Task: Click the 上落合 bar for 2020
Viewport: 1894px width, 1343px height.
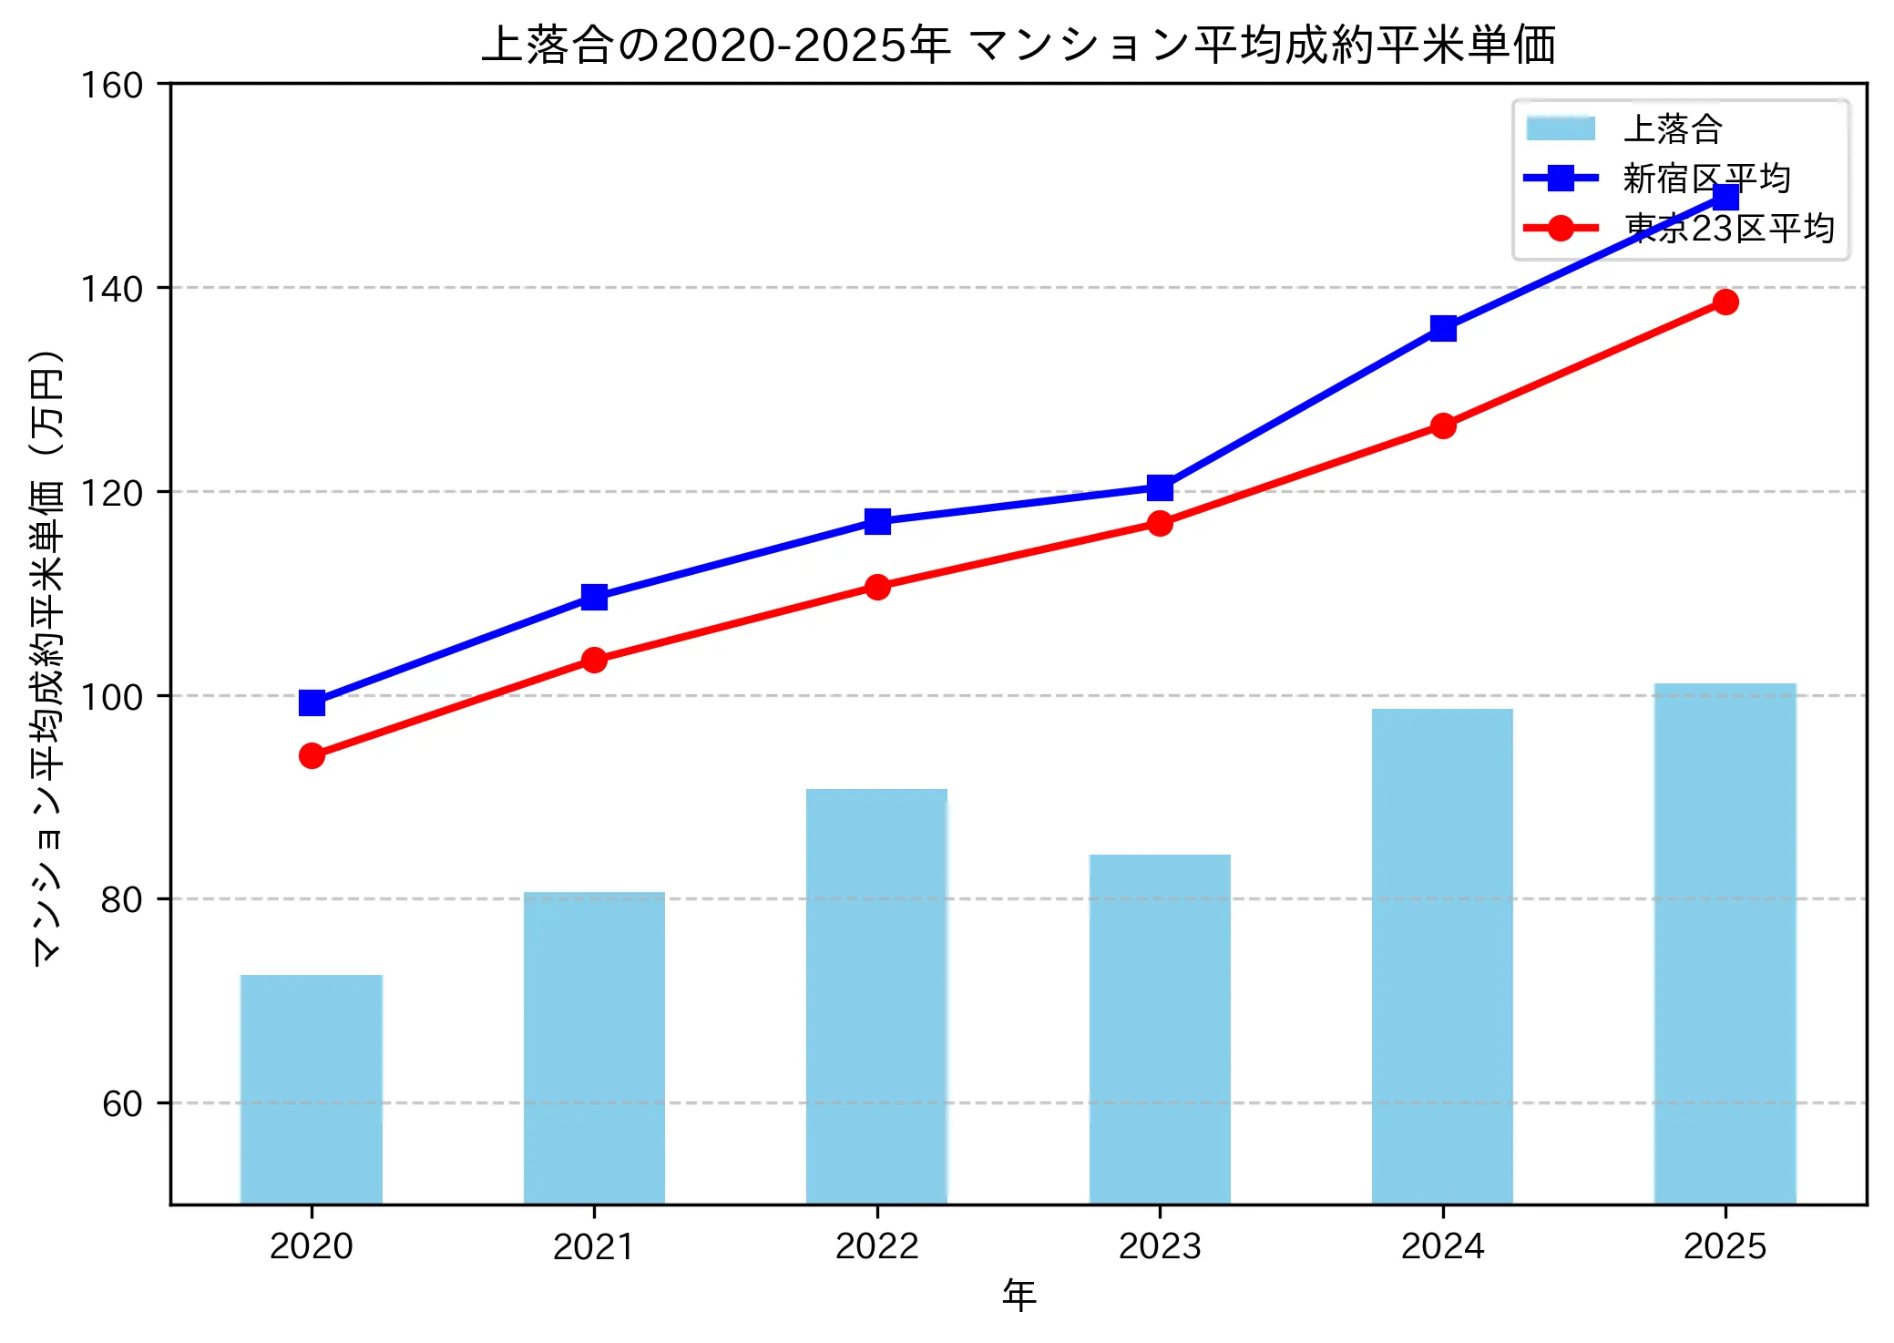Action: tap(312, 1089)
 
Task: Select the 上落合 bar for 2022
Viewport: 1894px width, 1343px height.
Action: tap(876, 996)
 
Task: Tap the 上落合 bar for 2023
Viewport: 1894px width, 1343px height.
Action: tap(1160, 1029)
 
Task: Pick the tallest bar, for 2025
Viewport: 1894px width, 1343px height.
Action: tap(1725, 943)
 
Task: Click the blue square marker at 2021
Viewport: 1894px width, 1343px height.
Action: tap(594, 597)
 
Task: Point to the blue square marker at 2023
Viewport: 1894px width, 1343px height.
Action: tap(1160, 487)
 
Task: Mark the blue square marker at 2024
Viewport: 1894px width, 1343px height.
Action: tap(1443, 328)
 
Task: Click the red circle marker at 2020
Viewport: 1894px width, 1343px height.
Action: tap(312, 755)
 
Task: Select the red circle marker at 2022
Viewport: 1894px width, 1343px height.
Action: tap(877, 587)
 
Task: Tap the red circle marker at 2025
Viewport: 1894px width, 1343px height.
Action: tap(1725, 302)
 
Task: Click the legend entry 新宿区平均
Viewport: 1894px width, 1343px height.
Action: tap(1706, 179)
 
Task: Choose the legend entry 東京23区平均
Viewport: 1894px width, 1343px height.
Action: tap(1729, 228)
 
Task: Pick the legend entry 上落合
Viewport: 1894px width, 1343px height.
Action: tap(1673, 128)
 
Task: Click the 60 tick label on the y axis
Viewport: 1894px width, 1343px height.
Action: tap(122, 1104)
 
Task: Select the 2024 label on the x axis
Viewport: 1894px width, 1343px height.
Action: tap(1442, 1246)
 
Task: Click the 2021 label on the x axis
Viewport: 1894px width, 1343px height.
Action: tap(594, 1246)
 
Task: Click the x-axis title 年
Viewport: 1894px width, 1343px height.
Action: tap(1019, 1295)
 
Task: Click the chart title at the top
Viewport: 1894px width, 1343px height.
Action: tap(1019, 44)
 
